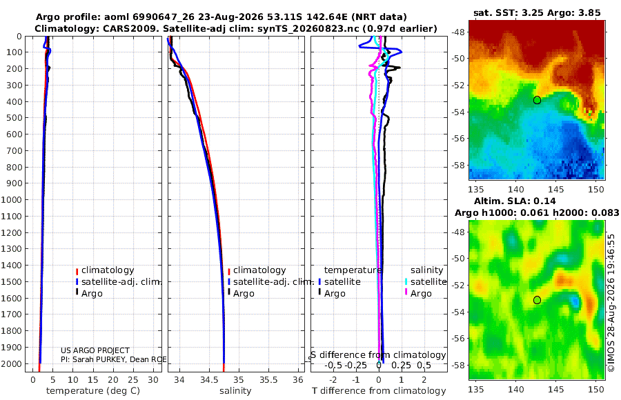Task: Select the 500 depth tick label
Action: (x=14, y=118)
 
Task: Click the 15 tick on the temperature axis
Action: (x=92, y=379)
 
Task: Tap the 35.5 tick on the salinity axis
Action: (x=268, y=379)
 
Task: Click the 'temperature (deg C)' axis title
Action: (x=93, y=391)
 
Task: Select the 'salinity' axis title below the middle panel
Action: (x=235, y=391)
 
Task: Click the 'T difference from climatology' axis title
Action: (x=379, y=391)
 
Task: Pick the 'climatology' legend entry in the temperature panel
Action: (x=108, y=270)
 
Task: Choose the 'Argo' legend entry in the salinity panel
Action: (x=244, y=294)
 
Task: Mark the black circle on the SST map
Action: (x=537, y=100)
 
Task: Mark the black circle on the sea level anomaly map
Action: (x=537, y=300)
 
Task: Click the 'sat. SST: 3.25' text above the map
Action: (x=509, y=12)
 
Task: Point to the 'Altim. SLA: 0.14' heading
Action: (x=515, y=201)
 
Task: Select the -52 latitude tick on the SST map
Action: (x=459, y=85)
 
